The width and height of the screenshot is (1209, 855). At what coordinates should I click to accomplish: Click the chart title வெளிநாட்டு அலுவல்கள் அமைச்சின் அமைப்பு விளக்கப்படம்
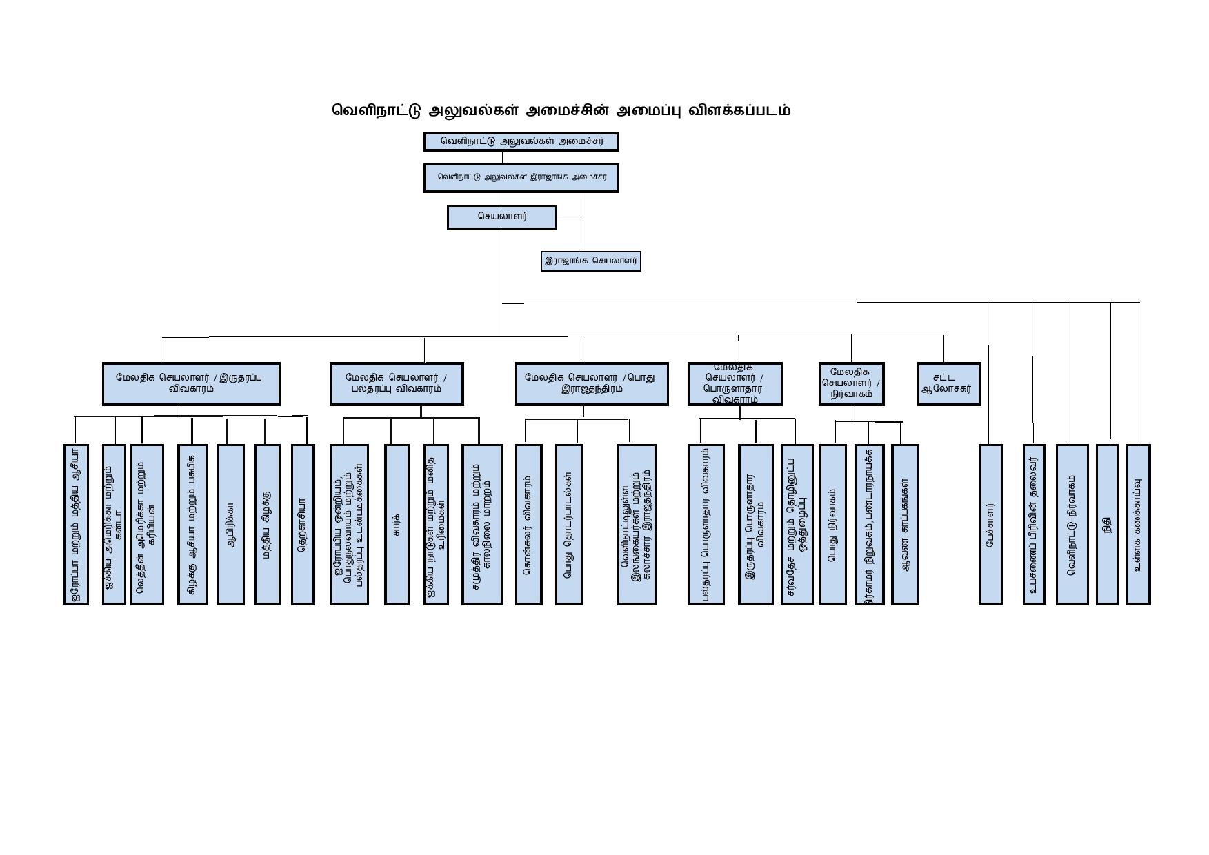point(561,110)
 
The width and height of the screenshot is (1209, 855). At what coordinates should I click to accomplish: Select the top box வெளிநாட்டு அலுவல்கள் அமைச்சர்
point(521,142)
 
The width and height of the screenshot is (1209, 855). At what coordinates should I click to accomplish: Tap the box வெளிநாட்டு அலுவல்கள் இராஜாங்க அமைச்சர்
point(521,177)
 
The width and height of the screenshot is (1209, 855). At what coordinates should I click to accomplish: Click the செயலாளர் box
point(501,217)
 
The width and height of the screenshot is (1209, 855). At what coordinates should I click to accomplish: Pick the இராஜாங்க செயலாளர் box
point(590,261)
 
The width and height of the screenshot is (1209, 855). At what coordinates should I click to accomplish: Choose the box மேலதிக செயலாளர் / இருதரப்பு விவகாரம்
point(191,383)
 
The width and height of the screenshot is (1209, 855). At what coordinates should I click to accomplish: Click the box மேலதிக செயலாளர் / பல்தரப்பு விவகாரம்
point(397,383)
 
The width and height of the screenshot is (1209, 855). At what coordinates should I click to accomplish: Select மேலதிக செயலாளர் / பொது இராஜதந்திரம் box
point(592,383)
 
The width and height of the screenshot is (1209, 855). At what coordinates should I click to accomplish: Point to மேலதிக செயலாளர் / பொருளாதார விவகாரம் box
point(735,383)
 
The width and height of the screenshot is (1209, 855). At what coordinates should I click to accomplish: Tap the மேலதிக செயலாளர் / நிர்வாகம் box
point(851,383)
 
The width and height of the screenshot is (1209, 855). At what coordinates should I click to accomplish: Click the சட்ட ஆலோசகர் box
point(948,383)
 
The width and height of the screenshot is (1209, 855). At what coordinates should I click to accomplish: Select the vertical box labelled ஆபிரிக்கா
point(230,524)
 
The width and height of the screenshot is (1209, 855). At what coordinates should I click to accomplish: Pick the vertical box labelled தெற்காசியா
point(303,524)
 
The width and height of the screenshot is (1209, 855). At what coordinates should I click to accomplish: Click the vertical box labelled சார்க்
point(397,524)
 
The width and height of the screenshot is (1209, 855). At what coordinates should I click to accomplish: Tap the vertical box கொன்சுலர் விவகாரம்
point(528,524)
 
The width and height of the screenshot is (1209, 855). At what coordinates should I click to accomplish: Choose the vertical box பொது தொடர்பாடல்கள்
point(568,524)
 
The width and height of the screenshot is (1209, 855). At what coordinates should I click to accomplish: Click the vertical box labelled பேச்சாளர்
point(990,524)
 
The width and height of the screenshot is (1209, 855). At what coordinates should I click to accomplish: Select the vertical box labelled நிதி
point(1106,524)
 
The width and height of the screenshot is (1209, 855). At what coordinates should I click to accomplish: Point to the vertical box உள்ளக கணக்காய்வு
point(1138,524)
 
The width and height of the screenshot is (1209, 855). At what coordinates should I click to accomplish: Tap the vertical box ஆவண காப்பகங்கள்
point(905,524)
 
